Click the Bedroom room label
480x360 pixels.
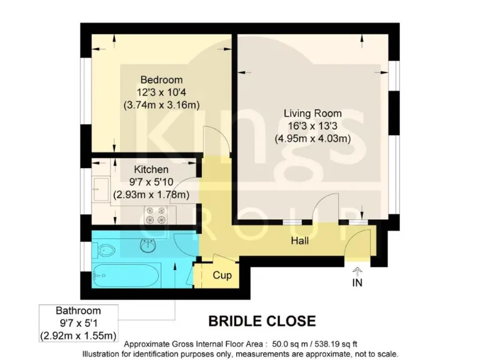click(161, 80)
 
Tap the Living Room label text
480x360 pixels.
click(312, 114)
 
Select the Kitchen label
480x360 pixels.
click(151, 169)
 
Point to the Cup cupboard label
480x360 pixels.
click(222, 275)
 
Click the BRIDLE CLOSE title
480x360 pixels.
click(261, 321)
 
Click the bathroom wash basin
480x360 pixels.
click(149, 246)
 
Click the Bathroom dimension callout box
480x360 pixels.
click(78, 323)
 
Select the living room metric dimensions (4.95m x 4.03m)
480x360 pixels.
click(312, 138)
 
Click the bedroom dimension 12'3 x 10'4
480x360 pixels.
click(161, 92)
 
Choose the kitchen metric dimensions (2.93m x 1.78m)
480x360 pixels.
click(151, 194)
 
